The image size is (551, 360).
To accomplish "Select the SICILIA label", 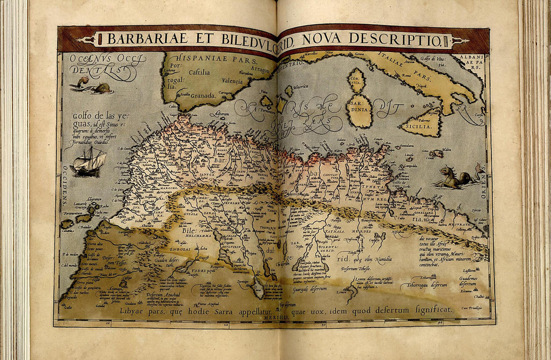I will tap(422, 127).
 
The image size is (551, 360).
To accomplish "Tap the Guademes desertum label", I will tap(468, 281).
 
